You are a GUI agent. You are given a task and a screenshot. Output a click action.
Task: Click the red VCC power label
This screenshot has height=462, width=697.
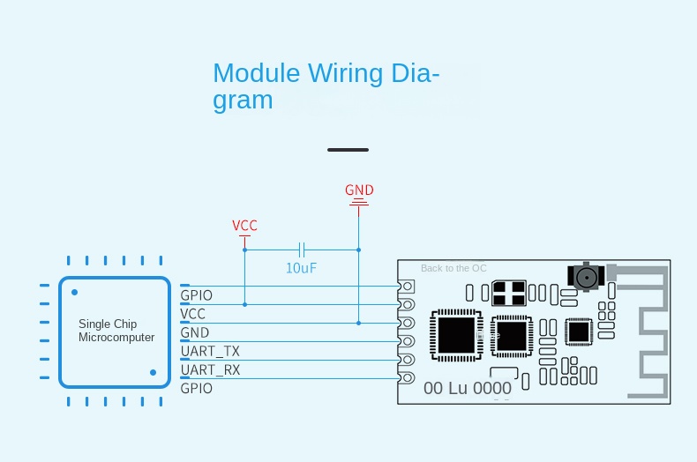[x=244, y=226]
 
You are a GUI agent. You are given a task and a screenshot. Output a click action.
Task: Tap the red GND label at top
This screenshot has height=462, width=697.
[x=359, y=190]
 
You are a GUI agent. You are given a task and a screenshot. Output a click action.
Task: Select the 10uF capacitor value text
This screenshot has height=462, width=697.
[x=301, y=268]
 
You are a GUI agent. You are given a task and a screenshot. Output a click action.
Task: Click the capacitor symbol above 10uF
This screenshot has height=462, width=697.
[x=302, y=250]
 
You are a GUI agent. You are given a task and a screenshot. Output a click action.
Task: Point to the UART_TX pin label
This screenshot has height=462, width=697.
[x=210, y=351]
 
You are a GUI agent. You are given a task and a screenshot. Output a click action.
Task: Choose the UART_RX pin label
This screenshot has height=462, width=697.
[x=210, y=369]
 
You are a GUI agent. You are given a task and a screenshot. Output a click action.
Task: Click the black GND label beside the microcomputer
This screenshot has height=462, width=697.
[x=195, y=332]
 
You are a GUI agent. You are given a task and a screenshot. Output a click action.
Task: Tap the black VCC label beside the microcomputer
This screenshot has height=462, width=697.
[x=193, y=314]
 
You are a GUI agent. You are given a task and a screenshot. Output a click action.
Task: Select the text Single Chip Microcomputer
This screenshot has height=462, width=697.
[x=116, y=331]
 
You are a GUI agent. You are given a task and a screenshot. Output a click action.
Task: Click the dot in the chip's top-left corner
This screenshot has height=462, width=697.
[x=75, y=292]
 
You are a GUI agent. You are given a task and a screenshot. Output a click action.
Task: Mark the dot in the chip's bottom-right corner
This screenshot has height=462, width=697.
[x=154, y=373]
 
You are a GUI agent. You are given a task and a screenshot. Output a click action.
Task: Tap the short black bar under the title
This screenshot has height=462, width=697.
[x=348, y=150]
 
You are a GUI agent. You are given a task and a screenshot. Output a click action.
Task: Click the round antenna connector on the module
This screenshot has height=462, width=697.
[x=584, y=277]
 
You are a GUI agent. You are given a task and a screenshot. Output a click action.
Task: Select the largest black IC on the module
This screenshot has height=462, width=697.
[x=455, y=334]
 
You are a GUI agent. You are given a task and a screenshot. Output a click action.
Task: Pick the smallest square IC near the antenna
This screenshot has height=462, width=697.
[x=578, y=332]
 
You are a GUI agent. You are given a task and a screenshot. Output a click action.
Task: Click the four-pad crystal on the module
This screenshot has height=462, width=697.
[x=509, y=292]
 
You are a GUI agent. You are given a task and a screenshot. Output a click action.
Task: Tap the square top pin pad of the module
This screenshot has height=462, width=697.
[x=407, y=287]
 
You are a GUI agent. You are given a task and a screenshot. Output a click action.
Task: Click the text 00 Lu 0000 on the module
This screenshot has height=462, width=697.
[x=468, y=388]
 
